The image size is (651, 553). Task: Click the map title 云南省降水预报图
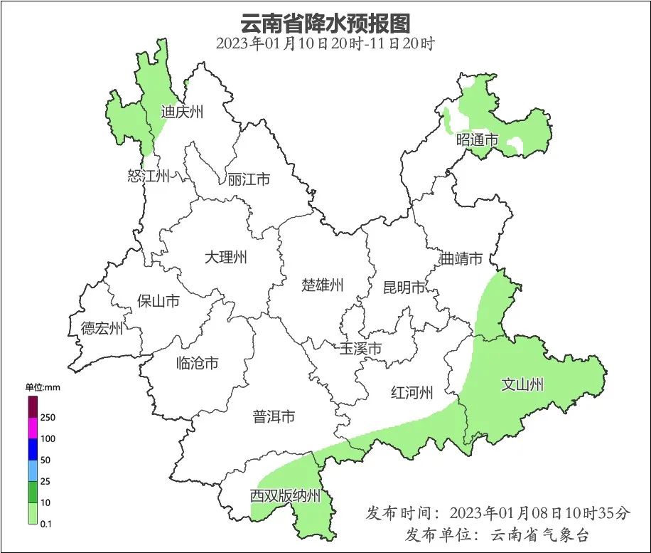tap(325, 23)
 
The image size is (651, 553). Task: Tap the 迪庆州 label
tap(183, 112)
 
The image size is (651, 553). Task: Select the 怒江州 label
tap(149, 176)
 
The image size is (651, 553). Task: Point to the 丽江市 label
tap(249, 179)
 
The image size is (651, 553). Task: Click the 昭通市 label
tap(478, 140)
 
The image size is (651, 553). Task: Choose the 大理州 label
tap(225, 257)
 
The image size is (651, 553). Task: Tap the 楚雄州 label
tap(323, 285)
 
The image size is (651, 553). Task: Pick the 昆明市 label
tap(404, 288)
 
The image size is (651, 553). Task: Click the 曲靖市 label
tap(461, 258)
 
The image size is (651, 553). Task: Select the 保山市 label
tap(158, 301)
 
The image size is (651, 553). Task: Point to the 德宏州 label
tap(102, 328)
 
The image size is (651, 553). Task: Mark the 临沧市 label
tap(197, 364)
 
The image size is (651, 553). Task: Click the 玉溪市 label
tap(360, 349)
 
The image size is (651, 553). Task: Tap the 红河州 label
tap(412, 392)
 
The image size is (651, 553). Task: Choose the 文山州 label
tap(522, 385)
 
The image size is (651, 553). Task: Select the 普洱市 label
tap(274, 417)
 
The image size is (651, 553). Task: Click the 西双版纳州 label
tap(286, 496)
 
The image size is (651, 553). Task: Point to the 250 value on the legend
tap(48, 417)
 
